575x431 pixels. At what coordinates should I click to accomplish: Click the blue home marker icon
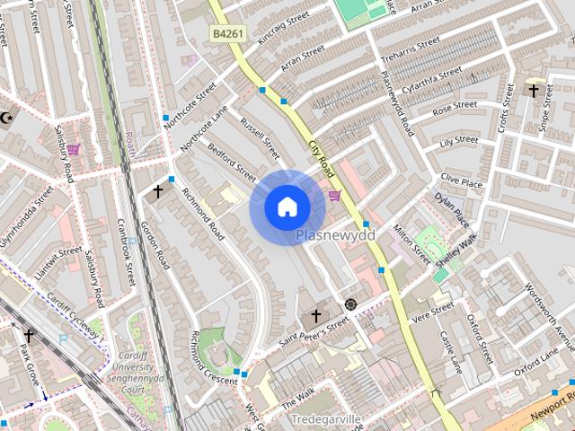pyautogui.click(x=287, y=207)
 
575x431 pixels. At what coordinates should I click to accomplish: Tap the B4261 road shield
pyautogui.click(x=228, y=34)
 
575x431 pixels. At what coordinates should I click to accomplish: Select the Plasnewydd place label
pyautogui.click(x=335, y=235)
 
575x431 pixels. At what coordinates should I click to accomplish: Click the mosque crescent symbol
pyautogui.click(x=6, y=118)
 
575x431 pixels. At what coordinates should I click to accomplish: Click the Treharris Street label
pyautogui.click(x=410, y=48)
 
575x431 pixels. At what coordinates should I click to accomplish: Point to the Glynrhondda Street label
pyautogui.click(x=27, y=217)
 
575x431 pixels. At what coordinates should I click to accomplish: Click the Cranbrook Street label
pyautogui.click(x=126, y=249)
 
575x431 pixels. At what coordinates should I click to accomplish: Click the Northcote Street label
pyautogui.click(x=198, y=104)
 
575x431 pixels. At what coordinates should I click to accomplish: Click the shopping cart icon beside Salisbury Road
pyautogui.click(x=73, y=150)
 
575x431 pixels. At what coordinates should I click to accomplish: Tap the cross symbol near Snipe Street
pyautogui.click(x=534, y=90)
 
